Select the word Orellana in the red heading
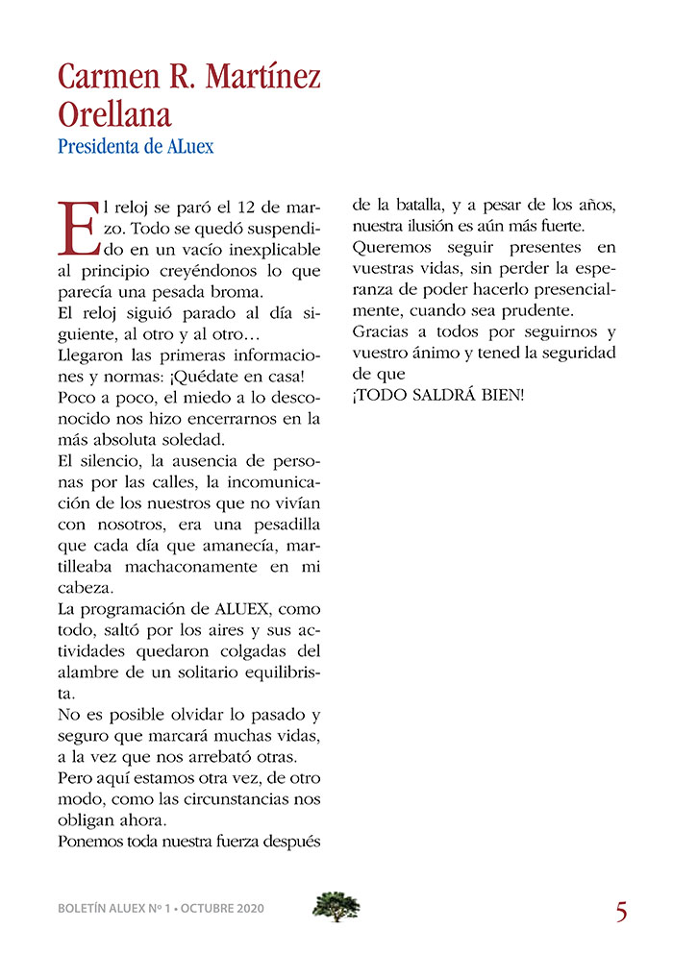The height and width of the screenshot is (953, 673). coord(114,113)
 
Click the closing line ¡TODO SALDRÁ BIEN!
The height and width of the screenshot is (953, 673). coord(438,396)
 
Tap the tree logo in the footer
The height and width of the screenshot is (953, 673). coord(336,907)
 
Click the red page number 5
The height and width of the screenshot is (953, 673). coord(621,911)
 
